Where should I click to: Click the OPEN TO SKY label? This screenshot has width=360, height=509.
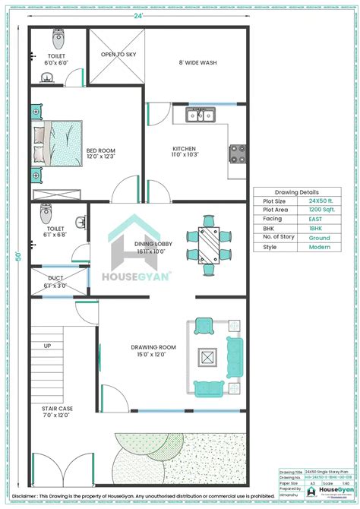click(117, 55)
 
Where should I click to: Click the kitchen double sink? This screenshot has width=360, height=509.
click(201, 115)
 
